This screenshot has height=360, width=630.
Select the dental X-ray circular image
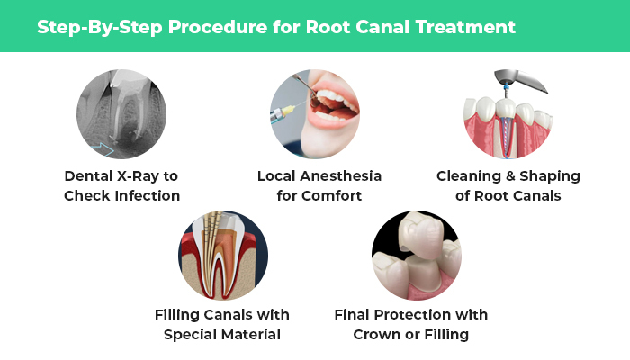[x=121, y=114]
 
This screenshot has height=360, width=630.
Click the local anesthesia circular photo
[x=316, y=114]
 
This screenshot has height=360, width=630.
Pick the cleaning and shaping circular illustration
[x=508, y=114]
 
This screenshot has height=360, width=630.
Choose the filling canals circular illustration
[x=223, y=256]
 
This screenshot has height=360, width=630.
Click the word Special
[x=194, y=335]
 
